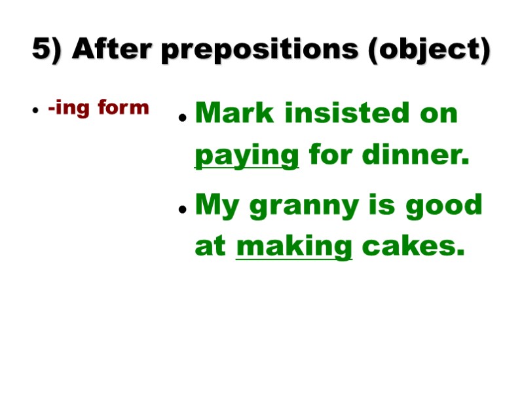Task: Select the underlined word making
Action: coord(294,248)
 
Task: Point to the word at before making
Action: coord(210,247)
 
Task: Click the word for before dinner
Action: coord(330,156)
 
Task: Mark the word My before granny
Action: coord(219,206)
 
